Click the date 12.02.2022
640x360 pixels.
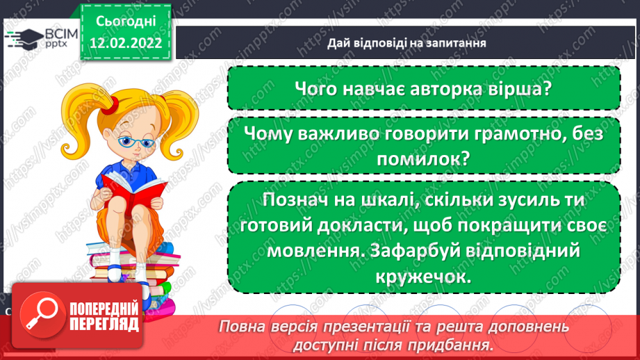click(126, 42)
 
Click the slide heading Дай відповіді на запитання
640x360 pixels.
click(407, 42)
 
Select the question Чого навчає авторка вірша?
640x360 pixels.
click(423, 88)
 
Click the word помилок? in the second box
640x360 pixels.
click(423, 159)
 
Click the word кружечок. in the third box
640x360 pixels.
click(423, 276)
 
